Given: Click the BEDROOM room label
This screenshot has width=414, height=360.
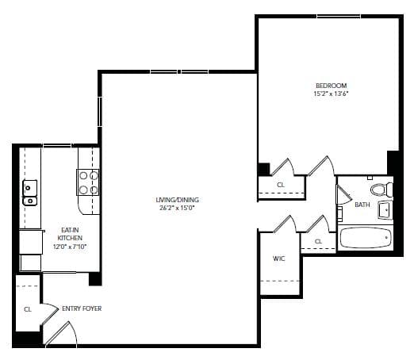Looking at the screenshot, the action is (331, 86).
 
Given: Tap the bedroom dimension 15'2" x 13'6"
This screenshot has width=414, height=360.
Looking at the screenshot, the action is (331, 94).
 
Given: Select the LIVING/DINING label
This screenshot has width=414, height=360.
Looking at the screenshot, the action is (177, 200).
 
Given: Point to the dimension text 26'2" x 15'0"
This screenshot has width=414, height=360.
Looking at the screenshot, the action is (177, 208).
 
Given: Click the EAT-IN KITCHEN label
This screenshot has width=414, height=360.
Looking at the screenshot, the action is (70, 234).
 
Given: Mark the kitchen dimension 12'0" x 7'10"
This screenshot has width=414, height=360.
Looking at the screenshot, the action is (70, 247).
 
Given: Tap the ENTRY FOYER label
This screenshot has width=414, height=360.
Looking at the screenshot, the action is (82, 308).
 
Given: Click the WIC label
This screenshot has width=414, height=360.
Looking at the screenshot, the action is (279, 259).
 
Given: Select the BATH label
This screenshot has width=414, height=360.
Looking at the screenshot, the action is (362, 205).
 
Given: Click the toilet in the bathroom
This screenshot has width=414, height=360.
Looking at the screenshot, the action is (381, 190).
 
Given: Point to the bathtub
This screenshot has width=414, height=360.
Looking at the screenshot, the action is (365, 238).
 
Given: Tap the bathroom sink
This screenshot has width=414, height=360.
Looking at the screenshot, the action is (385, 210).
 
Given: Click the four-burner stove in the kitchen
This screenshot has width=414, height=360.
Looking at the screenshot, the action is (88, 182).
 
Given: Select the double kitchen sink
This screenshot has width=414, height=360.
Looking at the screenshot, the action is (30, 193).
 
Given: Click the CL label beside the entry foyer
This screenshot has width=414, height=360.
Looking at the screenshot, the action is (28, 309).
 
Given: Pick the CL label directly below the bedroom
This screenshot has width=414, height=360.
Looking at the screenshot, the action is (281, 185).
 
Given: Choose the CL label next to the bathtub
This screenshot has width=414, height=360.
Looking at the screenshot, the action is (319, 241).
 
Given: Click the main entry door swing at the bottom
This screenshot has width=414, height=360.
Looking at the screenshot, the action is (61, 334).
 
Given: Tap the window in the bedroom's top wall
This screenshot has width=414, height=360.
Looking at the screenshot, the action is (339, 17).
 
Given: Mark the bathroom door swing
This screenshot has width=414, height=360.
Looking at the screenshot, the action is (343, 194).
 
